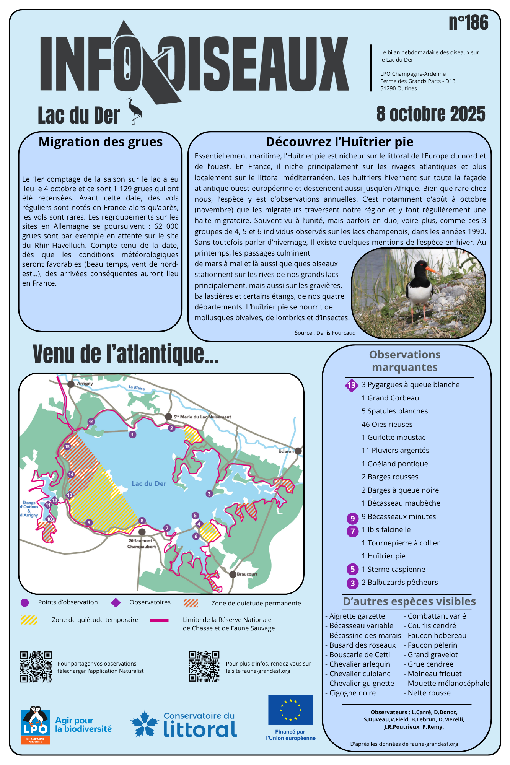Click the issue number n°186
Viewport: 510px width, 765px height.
pos(468,23)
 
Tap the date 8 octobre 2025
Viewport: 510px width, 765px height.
pos(430,114)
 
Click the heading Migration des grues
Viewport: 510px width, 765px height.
pos(101,142)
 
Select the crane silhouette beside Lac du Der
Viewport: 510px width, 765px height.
pos(135,111)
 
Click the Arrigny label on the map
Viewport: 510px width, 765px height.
pos(85,383)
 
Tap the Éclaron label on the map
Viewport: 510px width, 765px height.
pos(286,451)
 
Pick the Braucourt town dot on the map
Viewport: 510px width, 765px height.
pos(233,574)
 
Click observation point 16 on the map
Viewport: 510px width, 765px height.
pos(91,422)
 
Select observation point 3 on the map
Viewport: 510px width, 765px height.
pos(209,494)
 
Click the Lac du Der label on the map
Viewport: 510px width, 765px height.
pos(149,483)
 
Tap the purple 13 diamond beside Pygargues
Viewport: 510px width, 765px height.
pos(351,385)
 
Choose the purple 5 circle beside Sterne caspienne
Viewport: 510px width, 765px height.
pos(352,569)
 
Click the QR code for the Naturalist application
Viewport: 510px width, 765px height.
pos(36,667)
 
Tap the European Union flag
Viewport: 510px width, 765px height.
pos(290,710)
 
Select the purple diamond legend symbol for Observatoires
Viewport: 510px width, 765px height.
pos(116,603)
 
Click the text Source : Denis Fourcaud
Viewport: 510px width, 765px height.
pos(325,333)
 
